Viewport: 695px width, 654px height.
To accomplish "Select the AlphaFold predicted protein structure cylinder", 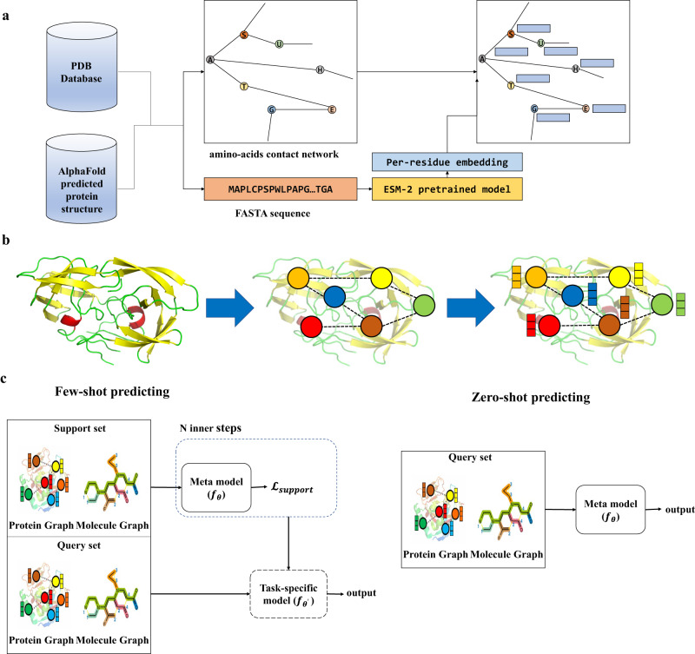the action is [82, 179].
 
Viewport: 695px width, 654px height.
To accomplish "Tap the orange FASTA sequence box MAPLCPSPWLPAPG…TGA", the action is [281, 189].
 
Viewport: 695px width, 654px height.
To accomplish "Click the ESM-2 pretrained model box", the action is [447, 189].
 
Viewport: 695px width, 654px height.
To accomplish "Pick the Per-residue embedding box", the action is [447, 162].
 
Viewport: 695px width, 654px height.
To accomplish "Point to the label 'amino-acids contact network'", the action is [274, 155].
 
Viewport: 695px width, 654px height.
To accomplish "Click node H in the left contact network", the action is [320, 70].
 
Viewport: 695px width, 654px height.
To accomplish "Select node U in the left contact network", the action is [279, 44].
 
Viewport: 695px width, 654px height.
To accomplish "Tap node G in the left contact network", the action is [272, 109].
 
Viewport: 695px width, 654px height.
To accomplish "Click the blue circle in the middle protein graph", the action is [334, 297].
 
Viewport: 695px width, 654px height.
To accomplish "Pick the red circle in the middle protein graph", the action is [311, 327].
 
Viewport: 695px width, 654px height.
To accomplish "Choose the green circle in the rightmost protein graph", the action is [663, 306].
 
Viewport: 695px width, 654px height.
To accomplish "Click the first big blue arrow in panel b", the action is [229, 308].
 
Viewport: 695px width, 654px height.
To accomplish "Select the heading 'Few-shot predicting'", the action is [112, 392].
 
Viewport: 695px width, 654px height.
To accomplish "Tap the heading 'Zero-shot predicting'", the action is [531, 397].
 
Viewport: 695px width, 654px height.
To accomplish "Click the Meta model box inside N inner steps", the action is [216, 488].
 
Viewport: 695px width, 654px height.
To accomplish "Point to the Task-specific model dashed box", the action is [288, 594].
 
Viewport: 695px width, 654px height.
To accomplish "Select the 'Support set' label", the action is [80, 428].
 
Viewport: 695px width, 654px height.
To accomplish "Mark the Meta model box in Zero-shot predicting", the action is [611, 510].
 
